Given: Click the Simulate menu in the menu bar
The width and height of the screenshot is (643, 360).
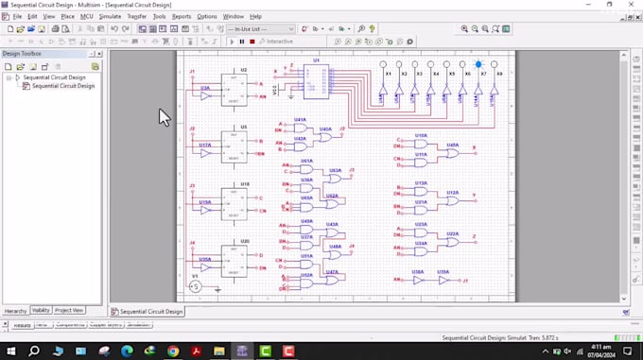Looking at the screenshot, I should pyautogui.click(x=110, y=16).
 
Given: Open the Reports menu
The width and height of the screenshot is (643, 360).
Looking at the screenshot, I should pyautogui.click(x=181, y=16).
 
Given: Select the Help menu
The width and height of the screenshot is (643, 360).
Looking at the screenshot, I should pyautogui.click(x=255, y=16).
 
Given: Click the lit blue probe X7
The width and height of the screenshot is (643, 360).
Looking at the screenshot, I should pyautogui.click(x=478, y=64).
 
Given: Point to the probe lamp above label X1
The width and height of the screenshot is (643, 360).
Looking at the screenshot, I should pyautogui.click(x=384, y=64).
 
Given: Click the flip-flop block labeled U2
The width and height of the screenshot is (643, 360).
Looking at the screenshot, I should pyautogui.click(x=235, y=88).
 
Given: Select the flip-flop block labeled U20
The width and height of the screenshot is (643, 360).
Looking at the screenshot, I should pyautogui.click(x=235, y=259).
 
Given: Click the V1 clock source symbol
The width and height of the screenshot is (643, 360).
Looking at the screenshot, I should pyautogui.click(x=195, y=286).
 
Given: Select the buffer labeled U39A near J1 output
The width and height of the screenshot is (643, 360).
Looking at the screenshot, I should pyautogui.click(x=442, y=280).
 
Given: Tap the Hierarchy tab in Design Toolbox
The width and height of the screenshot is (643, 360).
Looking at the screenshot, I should pyautogui.click(x=15, y=310).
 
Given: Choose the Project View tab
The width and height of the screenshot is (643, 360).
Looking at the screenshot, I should pyautogui.click(x=68, y=310).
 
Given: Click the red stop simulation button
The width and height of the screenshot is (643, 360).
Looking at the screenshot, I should pyautogui.click(x=252, y=42).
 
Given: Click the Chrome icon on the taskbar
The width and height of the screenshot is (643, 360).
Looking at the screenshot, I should pyautogui.click(x=149, y=351).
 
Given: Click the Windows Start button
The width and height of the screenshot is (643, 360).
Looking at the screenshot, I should pyautogui.click(x=10, y=351).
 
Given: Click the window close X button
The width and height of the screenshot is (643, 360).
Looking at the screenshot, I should pyautogui.click(x=632, y=5).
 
